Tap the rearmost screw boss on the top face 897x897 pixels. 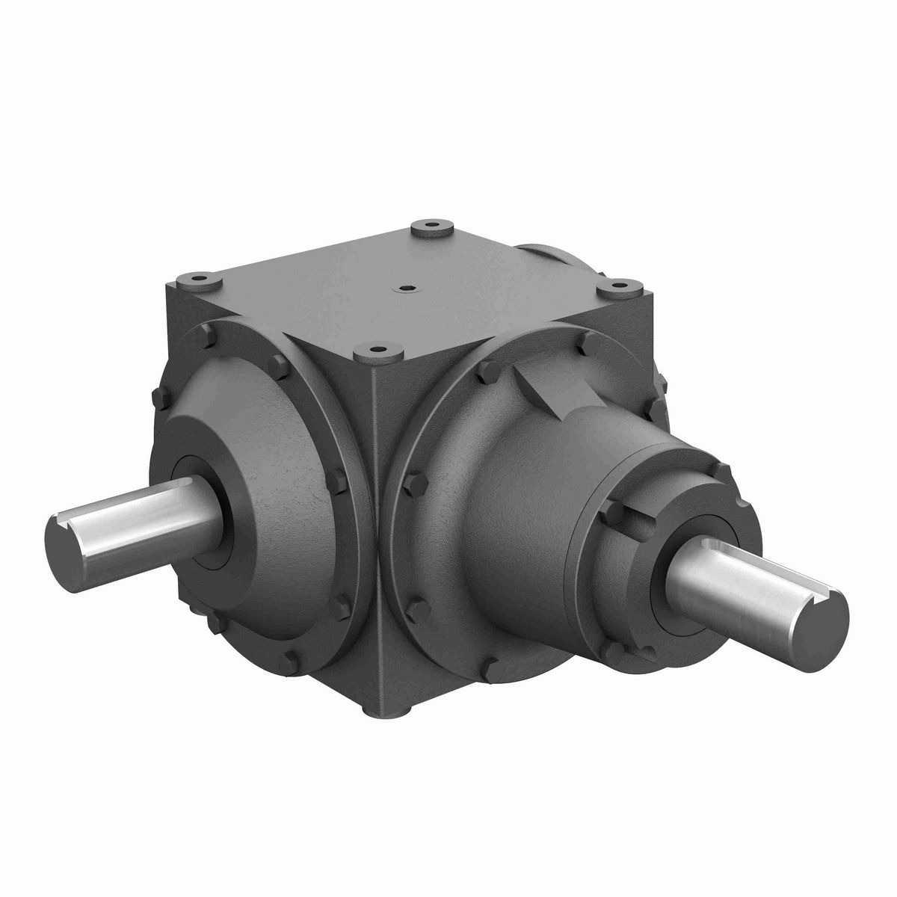pos(431,224)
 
